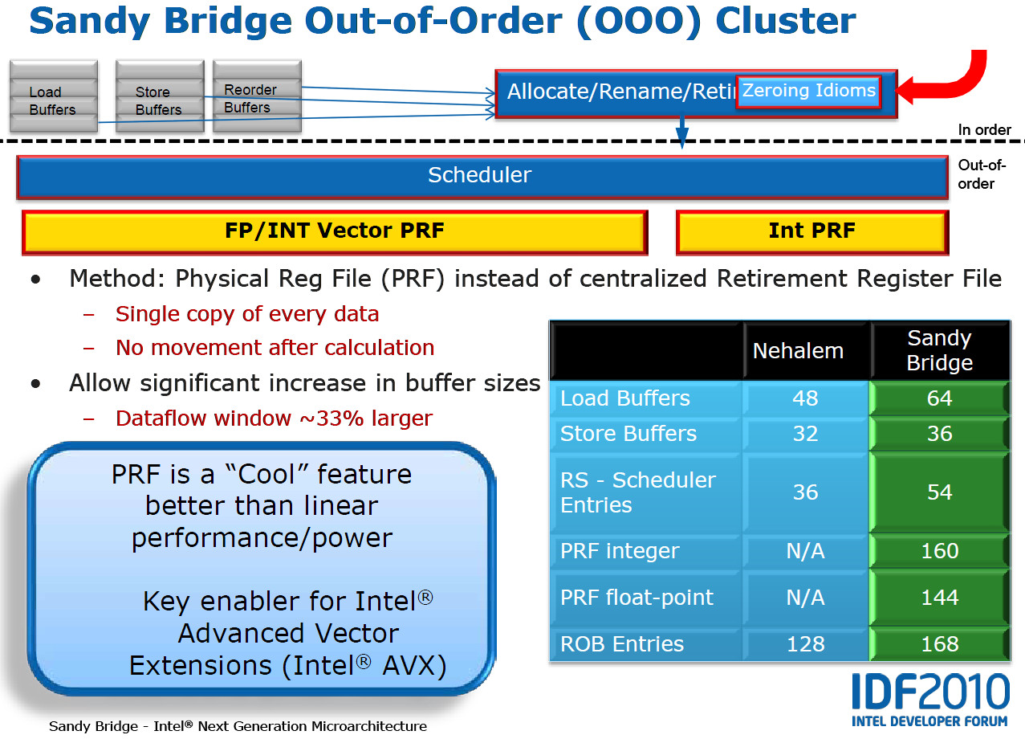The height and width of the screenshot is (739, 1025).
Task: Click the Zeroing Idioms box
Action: pyautogui.click(x=808, y=92)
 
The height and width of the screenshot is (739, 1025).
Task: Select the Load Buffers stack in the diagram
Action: pyautogui.click(x=54, y=96)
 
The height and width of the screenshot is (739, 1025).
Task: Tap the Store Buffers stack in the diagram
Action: pyautogui.click(x=160, y=96)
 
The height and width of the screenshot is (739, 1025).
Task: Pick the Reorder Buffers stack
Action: pyautogui.click(x=257, y=96)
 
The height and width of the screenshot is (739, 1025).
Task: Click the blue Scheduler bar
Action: pyautogui.click(x=482, y=178)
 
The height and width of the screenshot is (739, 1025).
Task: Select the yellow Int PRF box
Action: pyautogui.click(x=812, y=232)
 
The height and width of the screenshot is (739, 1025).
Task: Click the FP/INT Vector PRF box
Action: pyautogui.click(x=335, y=232)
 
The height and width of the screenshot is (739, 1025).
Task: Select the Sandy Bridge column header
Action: pyautogui.click(x=940, y=350)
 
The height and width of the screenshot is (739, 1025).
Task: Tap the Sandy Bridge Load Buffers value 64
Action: pyautogui.click(x=939, y=398)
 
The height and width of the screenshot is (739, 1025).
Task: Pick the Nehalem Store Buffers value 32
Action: pyautogui.click(x=805, y=433)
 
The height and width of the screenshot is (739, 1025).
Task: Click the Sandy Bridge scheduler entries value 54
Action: pyautogui.click(x=939, y=492)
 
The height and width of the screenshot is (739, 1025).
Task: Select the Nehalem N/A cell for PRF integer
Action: pyautogui.click(x=805, y=551)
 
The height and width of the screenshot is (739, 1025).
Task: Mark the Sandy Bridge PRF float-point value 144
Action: pyautogui.click(x=939, y=598)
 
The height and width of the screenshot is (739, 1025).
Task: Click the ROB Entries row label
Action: pyautogui.click(x=622, y=644)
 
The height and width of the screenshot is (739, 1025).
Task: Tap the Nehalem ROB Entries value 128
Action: pyautogui.click(x=805, y=644)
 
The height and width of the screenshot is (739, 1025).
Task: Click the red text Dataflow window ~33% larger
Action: pyautogui.click(x=274, y=418)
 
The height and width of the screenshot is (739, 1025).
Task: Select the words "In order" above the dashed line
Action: pyautogui.click(x=985, y=130)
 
